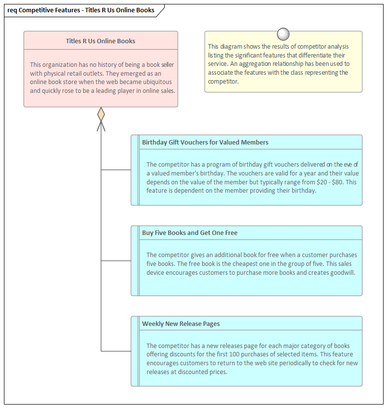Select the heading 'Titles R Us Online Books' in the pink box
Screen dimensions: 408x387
click(100, 41)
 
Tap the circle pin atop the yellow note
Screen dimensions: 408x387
click(283, 34)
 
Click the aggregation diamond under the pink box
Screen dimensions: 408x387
click(101, 115)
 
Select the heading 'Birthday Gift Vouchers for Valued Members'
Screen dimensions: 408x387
click(205, 142)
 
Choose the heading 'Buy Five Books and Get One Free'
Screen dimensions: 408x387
click(189, 233)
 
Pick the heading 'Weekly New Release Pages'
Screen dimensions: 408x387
click(180, 323)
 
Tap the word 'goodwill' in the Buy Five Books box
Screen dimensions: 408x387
click(342, 272)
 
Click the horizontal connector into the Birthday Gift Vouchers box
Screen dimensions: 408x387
click(116, 170)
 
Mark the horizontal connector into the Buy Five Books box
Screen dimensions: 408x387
click(116, 261)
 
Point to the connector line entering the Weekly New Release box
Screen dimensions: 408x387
click(116, 351)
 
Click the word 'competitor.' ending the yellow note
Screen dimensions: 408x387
click(223, 82)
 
